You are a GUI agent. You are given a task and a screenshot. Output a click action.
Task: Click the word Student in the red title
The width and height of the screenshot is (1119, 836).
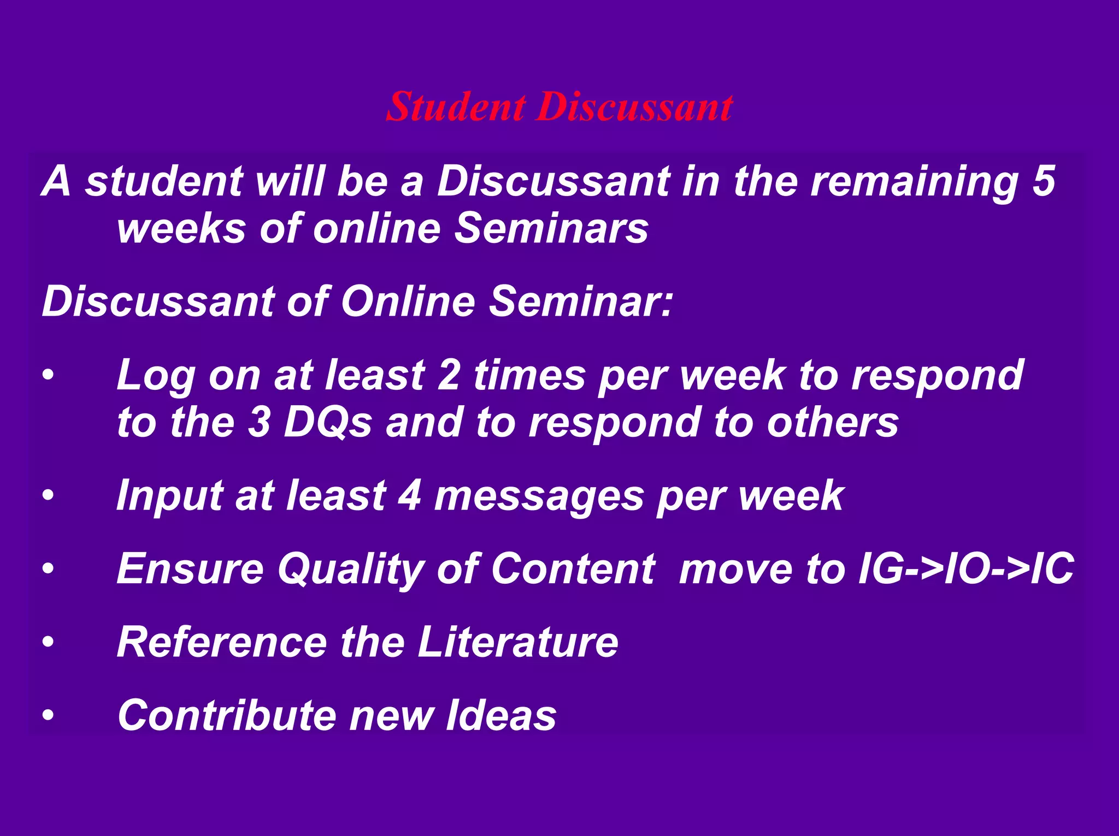456,106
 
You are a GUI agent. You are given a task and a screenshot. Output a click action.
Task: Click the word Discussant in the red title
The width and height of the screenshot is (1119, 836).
634,106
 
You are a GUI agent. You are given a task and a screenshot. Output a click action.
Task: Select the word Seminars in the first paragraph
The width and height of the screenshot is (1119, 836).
551,228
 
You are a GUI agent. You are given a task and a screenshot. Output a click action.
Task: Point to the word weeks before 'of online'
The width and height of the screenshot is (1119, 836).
181,228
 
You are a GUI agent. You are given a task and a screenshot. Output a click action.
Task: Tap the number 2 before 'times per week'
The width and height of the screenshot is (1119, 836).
449,375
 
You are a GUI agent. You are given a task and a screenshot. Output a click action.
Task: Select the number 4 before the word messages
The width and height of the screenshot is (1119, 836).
409,495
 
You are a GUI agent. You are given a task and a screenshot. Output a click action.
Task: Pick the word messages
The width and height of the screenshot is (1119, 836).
539,495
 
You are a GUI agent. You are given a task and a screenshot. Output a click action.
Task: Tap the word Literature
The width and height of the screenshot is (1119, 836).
518,642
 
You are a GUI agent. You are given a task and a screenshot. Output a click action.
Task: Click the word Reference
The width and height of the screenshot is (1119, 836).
222,642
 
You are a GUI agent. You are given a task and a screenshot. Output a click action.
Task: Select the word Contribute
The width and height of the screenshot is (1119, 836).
227,715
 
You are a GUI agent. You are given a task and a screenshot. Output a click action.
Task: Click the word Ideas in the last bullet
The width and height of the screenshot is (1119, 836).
501,715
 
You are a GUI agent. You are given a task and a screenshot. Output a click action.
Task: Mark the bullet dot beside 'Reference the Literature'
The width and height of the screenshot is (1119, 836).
49,643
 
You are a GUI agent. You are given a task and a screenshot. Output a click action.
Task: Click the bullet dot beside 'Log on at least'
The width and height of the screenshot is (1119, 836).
49,376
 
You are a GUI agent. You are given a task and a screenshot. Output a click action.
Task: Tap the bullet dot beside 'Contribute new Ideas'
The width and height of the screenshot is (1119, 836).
49,716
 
